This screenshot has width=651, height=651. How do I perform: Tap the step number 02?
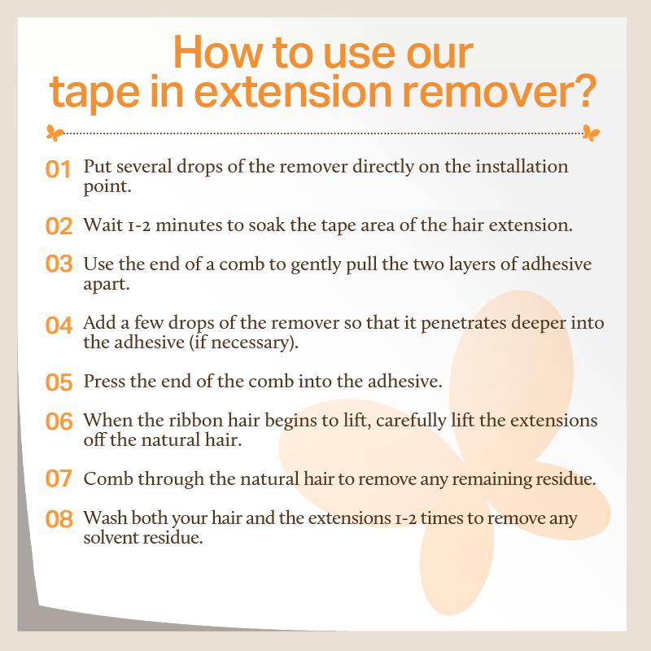pyautogui.click(x=59, y=225)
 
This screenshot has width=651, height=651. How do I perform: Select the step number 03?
pyautogui.click(x=59, y=266)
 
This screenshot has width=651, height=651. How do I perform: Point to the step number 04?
pyautogui.click(x=59, y=325)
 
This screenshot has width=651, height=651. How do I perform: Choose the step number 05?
pyautogui.click(x=59, y=381)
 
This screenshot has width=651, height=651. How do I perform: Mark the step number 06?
pyautogui.click(x=59, y=422)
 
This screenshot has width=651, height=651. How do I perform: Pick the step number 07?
pyautogui.click(x=59, y=478)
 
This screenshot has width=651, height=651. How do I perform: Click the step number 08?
pyautogui.click(x=59, y=518)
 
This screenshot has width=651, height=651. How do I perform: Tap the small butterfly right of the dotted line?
pyautogui.click(x=592, y=131)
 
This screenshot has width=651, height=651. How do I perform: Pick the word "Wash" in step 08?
pyautogui.click(x=104, y=518)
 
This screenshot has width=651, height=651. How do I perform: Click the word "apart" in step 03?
pyautogui.click(x=105, y=284)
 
